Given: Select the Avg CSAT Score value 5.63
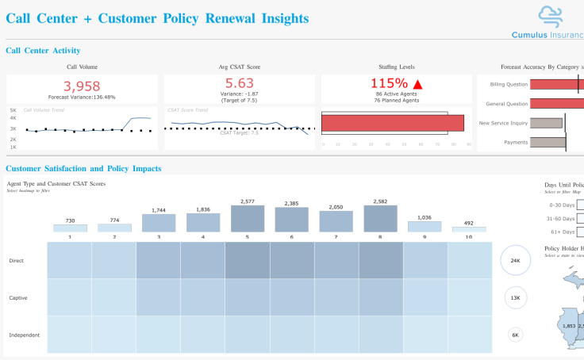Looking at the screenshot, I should (239, 83).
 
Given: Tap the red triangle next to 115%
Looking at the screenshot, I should (417, 83).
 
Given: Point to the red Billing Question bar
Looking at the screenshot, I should (556, 84).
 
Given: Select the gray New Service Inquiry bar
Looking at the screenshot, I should (546, 123).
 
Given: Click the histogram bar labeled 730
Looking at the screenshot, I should (70, 228).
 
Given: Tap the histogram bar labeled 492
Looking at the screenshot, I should (468, 229).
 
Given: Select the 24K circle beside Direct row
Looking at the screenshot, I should (515, 260).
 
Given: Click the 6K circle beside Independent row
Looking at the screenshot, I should (515, 335).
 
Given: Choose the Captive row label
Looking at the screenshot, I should (19, 298).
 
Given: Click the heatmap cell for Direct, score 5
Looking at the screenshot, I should (248, 260).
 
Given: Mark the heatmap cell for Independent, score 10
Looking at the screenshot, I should (469, 335).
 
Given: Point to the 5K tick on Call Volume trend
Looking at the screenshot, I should (13, 110).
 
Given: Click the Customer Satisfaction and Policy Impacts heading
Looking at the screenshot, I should (83, 169).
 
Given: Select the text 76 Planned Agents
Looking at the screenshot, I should (397, 101).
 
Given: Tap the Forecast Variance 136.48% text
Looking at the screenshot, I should (82, 98).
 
